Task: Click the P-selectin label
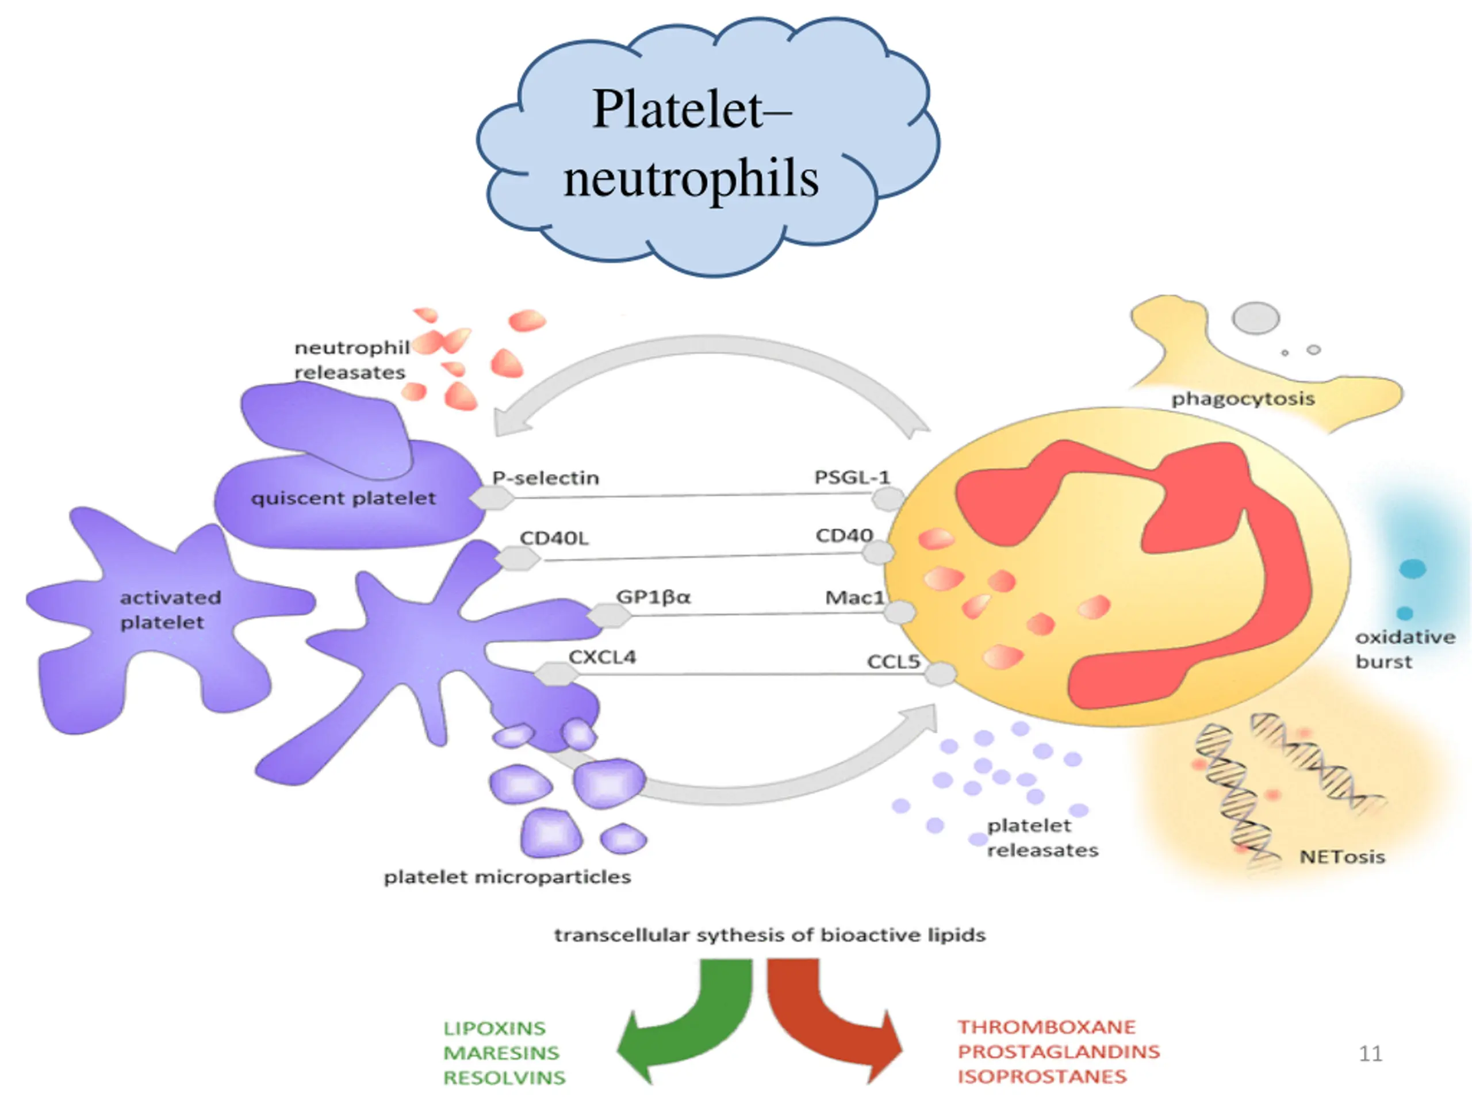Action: pos(546,478)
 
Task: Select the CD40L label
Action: pos(554,538)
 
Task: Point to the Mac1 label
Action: pos(855,597)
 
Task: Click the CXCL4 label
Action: pos(602,657)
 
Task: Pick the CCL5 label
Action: pos(894,661)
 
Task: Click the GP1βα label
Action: pos(653,597)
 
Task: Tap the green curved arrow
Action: pos(685,1019)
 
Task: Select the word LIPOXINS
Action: pos(494,1028)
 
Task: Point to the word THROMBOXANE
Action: pos(1046,1027)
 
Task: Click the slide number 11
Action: pos(1370,1053)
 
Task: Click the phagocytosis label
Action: pos(1243,398)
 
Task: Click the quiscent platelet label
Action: pos(343,498)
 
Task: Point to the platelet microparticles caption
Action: pos(507,877)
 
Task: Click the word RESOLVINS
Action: pos(504,1078)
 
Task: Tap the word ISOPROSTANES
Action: pos(1042,1076)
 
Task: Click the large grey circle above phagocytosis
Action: pos(1256,317)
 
